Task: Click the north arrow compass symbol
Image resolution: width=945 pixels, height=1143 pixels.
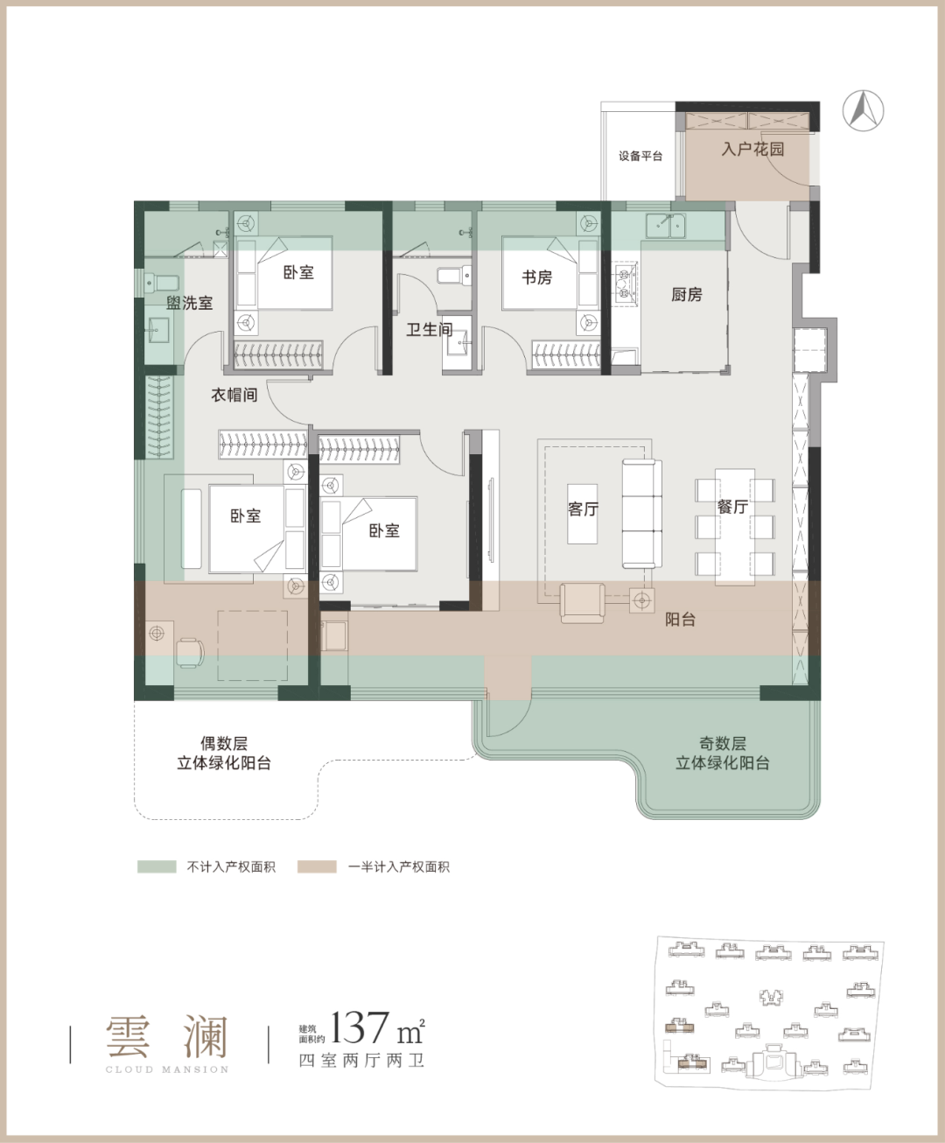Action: [863, 111]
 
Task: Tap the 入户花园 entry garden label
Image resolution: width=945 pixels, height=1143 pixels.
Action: [752, 149]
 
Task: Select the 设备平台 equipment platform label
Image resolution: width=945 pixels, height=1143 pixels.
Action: [640, 156]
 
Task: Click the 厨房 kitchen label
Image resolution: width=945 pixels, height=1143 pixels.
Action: [687, 295]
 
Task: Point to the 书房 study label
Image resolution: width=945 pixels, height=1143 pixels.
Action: [536, 277]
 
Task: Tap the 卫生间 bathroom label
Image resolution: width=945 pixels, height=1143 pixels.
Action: [430, 329]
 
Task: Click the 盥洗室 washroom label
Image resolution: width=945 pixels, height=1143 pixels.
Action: [189, 303]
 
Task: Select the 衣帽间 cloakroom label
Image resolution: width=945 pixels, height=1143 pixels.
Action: [234, 395]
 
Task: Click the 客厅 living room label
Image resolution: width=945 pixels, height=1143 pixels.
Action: [583, 509]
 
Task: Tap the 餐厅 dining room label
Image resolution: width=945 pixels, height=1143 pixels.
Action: [732, 507]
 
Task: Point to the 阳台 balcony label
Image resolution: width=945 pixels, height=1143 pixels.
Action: [680, 619]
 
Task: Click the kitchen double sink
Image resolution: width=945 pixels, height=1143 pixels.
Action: [665, 226]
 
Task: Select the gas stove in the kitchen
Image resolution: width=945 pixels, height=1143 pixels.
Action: [626, 284]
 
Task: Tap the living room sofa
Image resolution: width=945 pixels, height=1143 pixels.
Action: [642, 514]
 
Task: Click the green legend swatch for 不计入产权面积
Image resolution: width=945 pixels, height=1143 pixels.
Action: [157, 866]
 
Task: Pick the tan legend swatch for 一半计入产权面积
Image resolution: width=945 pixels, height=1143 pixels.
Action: [317, 866]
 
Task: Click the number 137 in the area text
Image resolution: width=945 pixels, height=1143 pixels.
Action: [360, 1027]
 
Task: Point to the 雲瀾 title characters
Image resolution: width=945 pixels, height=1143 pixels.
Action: [166, 1036]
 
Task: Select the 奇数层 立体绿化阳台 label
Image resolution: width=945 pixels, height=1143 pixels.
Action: [722, 753]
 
